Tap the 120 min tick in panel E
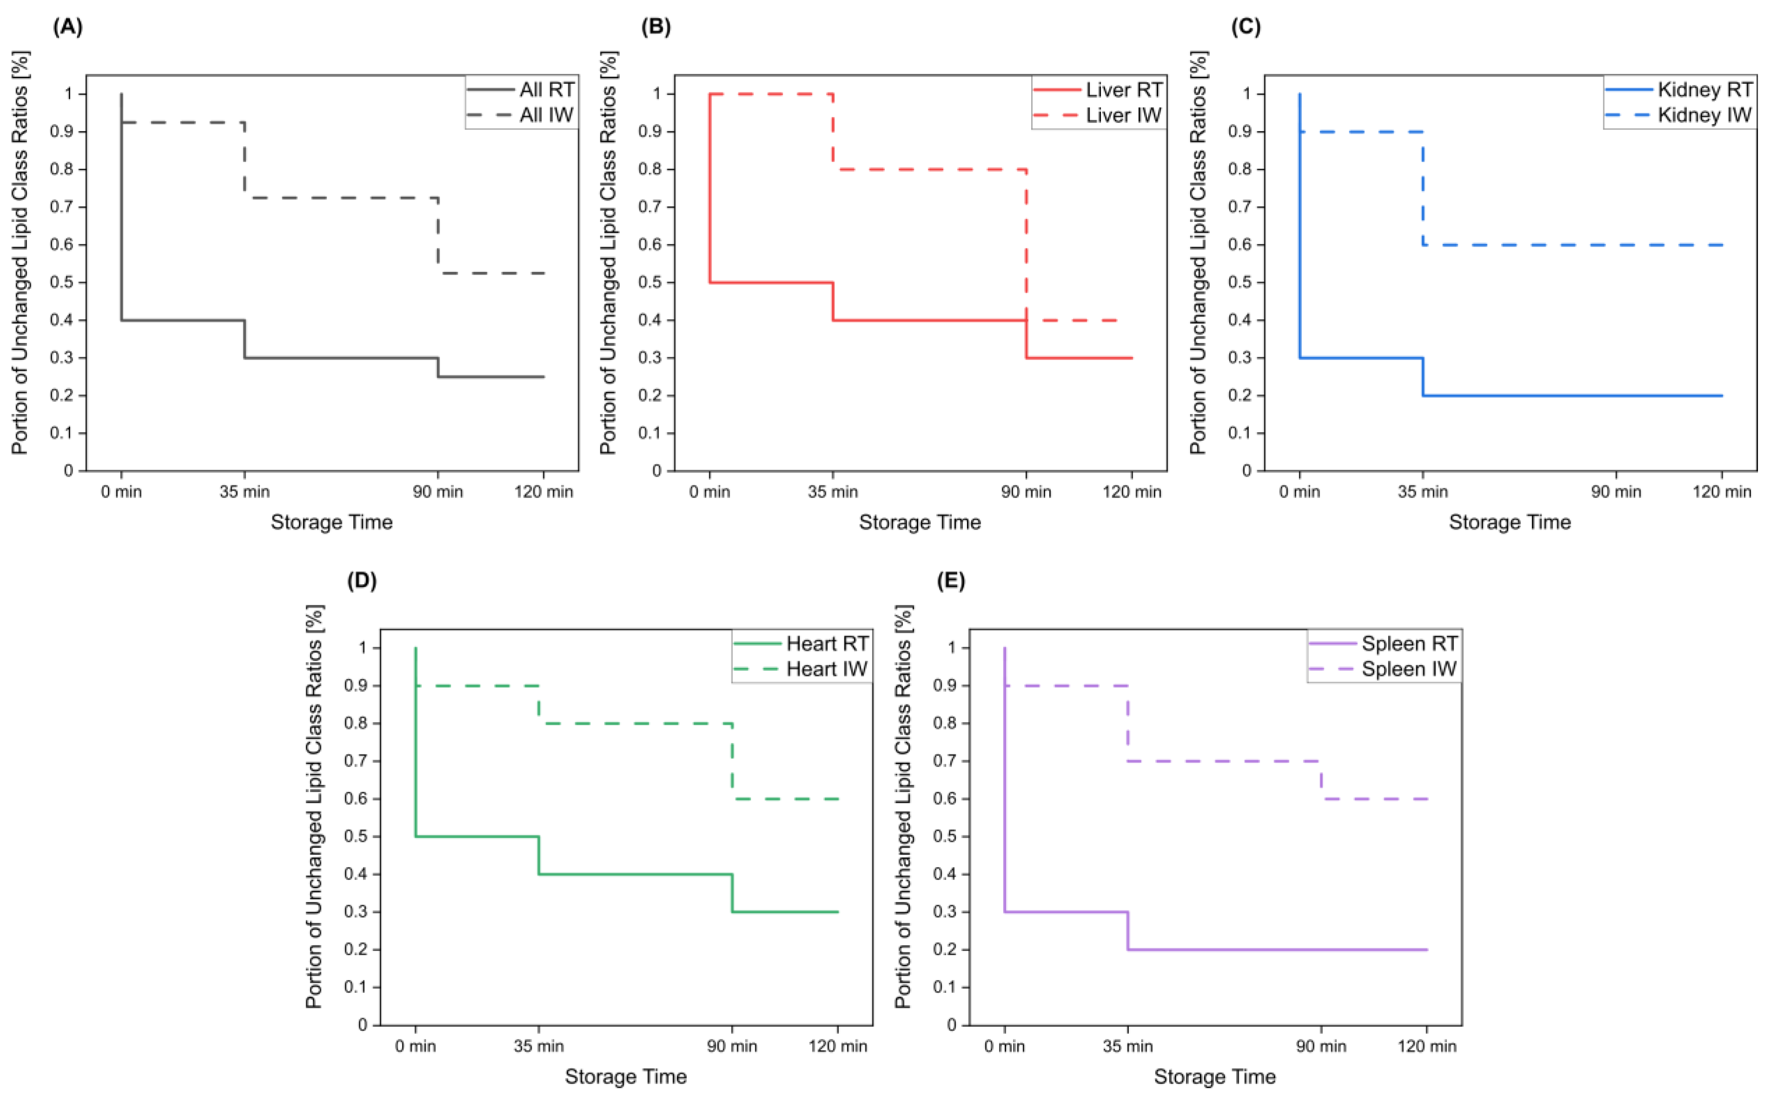click(1426, 1047)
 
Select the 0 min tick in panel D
click(416, 1047)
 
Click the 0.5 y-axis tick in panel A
click(64, 283)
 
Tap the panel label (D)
click(362, 581)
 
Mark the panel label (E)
click(950, 581)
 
